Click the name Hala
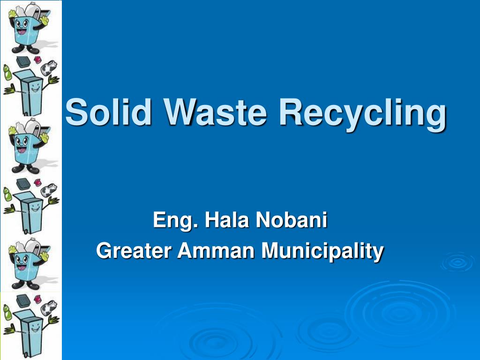click(223, 220)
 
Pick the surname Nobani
click(291, 220)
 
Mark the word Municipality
click(322, 251)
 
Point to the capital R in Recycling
click(291, 112)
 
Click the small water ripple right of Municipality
click(457, 262)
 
